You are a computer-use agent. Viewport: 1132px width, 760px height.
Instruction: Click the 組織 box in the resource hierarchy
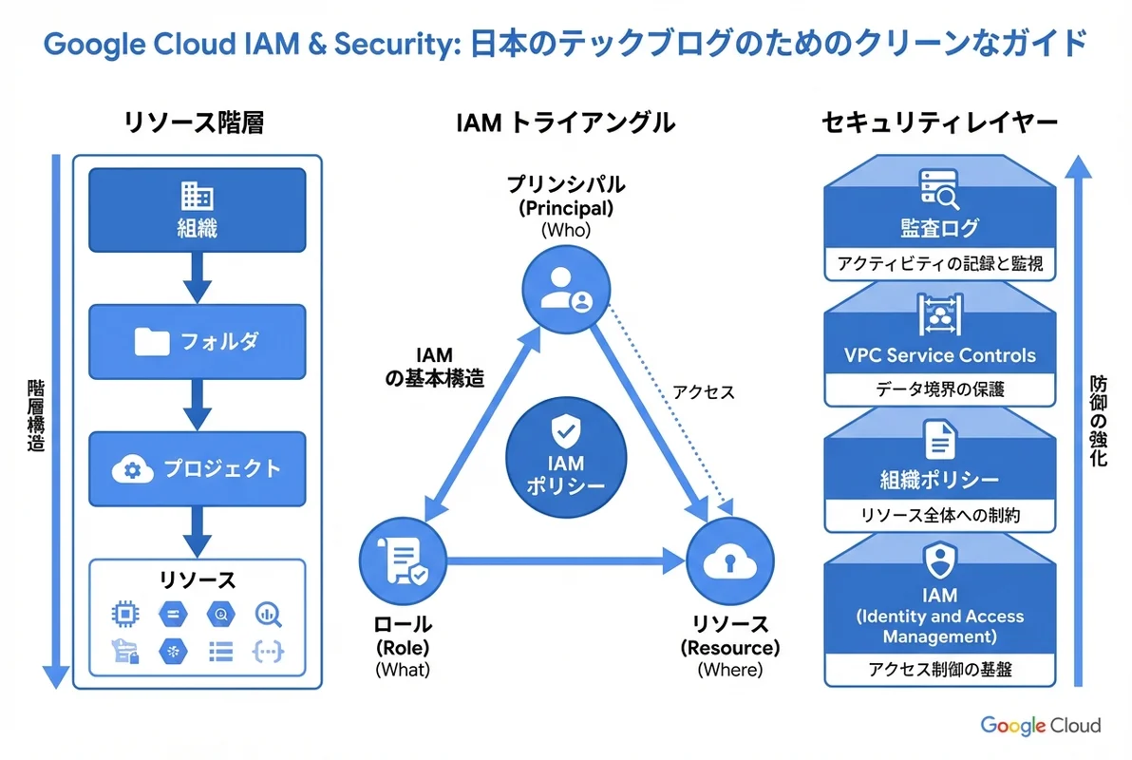198,211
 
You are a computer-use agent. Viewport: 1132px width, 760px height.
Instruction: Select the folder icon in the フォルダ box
152,341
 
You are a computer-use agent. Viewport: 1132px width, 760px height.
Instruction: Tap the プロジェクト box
198,469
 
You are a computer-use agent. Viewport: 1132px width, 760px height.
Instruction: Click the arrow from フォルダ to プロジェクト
198,405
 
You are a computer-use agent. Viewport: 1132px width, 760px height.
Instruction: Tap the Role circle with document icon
404,560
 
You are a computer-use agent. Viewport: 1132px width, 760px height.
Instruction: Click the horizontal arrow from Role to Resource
566,561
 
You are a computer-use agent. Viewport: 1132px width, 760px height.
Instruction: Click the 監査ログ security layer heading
939,229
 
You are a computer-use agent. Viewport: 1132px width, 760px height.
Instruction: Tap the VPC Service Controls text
939,355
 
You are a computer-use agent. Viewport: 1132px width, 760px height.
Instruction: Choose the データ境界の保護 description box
939,389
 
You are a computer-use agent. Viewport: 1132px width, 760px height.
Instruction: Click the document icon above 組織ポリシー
939,440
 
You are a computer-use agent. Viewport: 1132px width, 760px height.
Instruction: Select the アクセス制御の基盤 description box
939,669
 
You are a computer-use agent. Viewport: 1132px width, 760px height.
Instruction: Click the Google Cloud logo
1040,726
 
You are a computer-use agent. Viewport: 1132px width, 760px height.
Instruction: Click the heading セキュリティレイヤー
939,123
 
